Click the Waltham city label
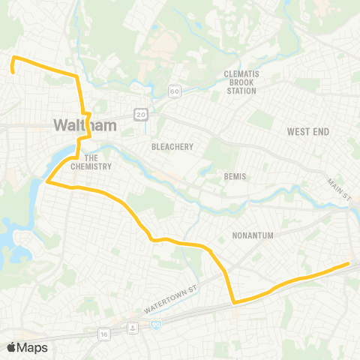coord(85,125)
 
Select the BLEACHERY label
coord(172,147)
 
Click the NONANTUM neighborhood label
coord(252,235)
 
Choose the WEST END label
coord(307,132)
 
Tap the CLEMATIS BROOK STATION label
coord(240,82)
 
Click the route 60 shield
coord(174,91)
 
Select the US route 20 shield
coord(140,113)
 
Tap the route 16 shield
coord(103,333)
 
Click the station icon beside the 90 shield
coord(133,327)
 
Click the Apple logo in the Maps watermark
coord(12,347)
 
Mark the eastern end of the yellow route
coord(348,263)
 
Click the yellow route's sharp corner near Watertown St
coord(234,302)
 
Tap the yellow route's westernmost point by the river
coord(47,181)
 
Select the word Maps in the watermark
coord(32,347)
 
